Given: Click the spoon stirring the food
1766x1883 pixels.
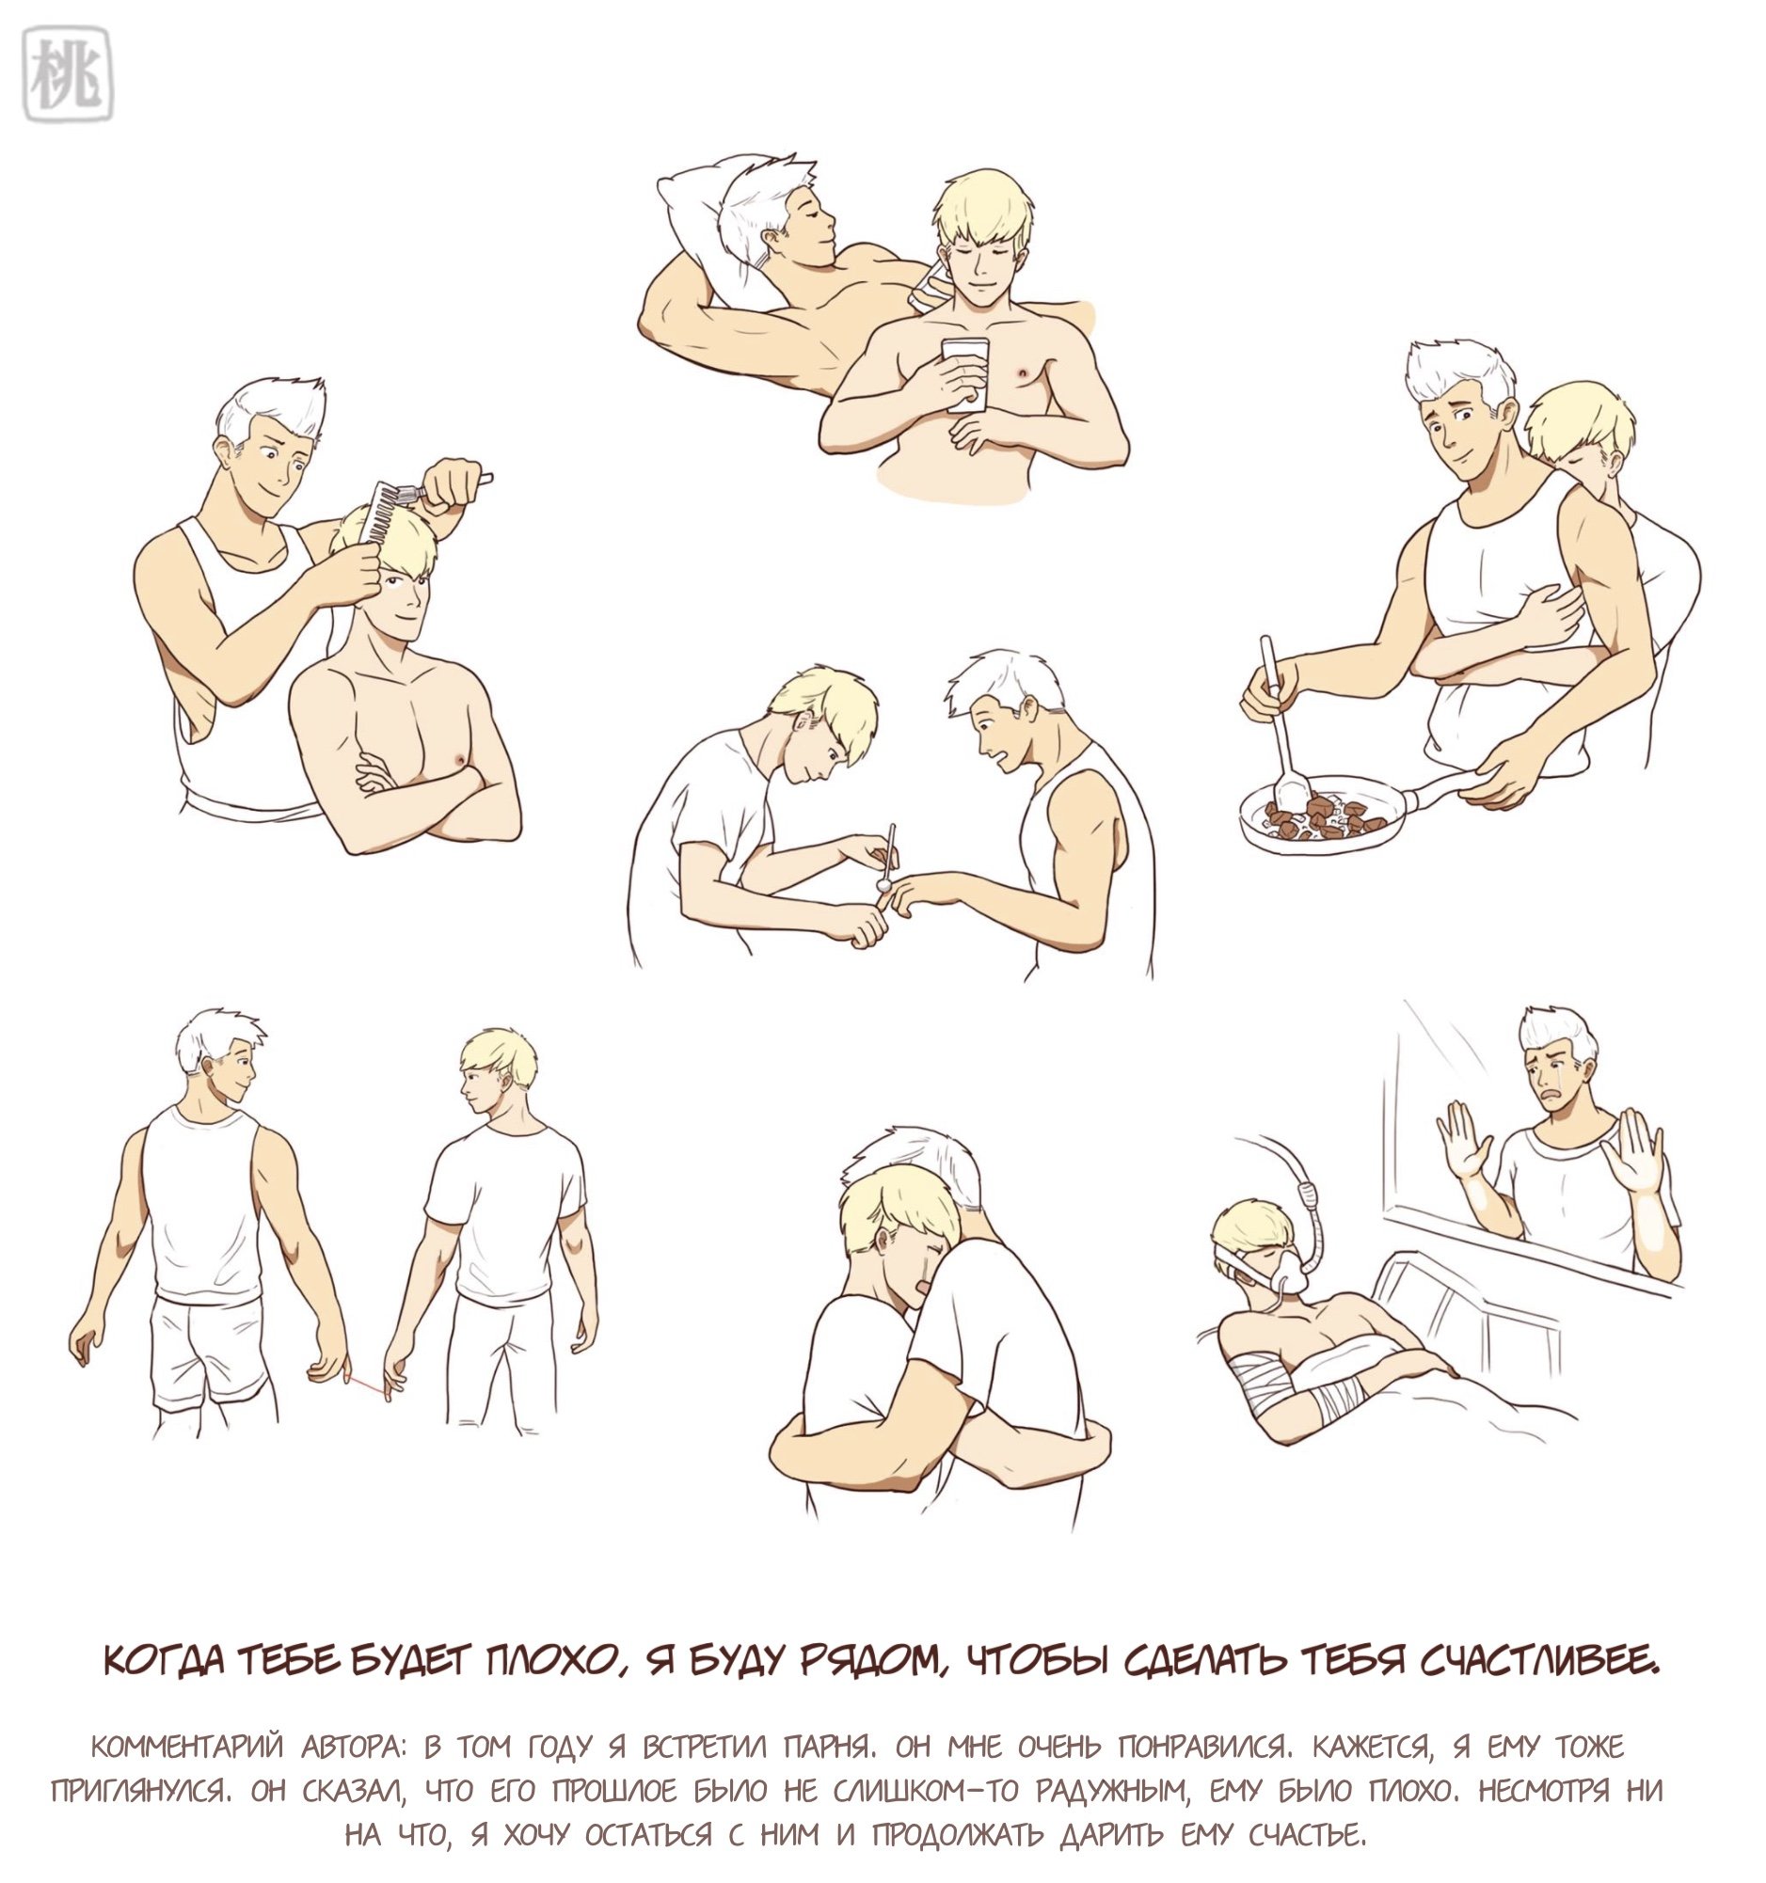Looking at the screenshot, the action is (1282, 722).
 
